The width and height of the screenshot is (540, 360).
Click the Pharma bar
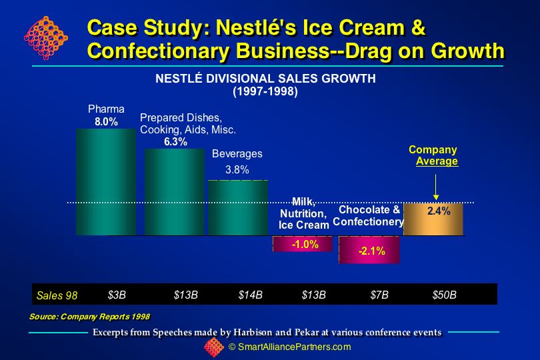click(x=105, y=181)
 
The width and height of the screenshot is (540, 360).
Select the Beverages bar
click(x=238, y=207)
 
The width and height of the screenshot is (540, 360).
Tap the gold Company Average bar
click(x=433, y=219)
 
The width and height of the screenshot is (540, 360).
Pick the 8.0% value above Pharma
click(x=105, y=122)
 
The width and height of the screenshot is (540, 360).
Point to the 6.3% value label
click(x=175, y=142)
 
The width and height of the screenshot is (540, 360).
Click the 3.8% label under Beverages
click(x=237, y=169)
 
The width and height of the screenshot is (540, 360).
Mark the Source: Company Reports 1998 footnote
click(x=89, y=316)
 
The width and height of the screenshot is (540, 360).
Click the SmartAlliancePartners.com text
click(x=289, y=347)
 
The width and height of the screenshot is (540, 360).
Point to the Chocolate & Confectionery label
click(x=369, y=215)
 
